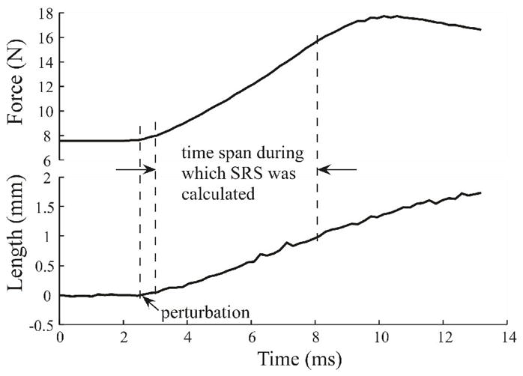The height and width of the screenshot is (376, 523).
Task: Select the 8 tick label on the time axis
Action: point(317,338)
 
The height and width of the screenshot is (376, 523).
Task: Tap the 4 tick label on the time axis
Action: point(188,338)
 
